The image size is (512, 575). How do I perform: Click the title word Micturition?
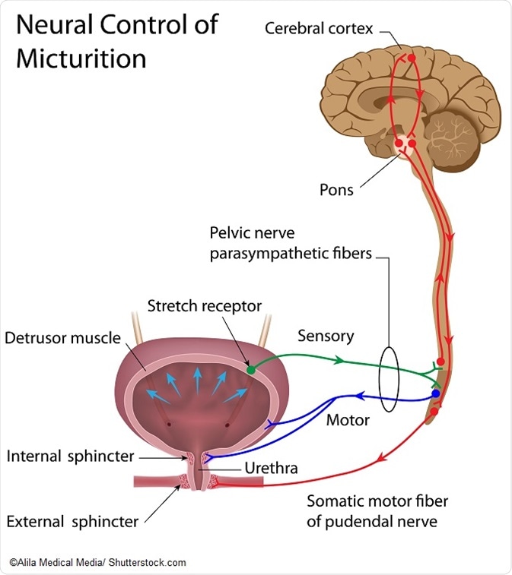(x=81, y=58)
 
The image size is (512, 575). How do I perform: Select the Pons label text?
(x=336, y=190)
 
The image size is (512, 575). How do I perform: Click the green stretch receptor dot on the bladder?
(x=250, y=370)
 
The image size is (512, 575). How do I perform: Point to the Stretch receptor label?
(x=204, y=306)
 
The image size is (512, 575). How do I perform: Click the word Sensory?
(x=326, y=335)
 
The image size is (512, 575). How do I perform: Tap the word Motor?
(x=348, y=419)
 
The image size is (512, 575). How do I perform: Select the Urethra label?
(x=271, y=468)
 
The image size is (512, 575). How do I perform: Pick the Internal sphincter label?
(x=70, y=457)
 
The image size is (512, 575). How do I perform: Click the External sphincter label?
(x=72, y=522)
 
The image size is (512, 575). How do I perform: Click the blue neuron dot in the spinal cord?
(x=435, y=394)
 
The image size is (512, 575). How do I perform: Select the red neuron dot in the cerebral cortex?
(x=412, y=58)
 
